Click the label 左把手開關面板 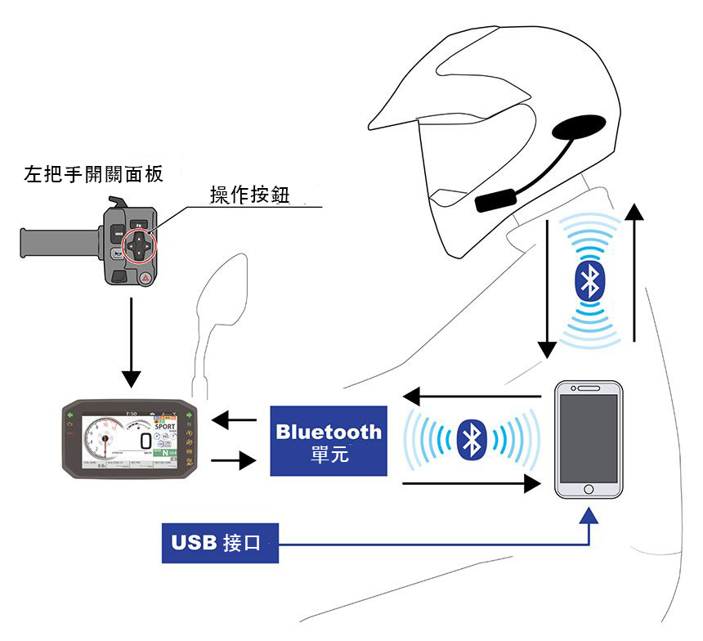[93, 174]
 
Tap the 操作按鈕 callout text [250, 195]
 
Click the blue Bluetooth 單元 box [329, 442]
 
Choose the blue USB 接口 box [220, 543]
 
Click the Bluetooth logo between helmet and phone [588, 280]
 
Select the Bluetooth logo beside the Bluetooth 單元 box [469, 441]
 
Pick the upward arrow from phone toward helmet [634, 270]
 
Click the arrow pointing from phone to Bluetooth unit [474, 397]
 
